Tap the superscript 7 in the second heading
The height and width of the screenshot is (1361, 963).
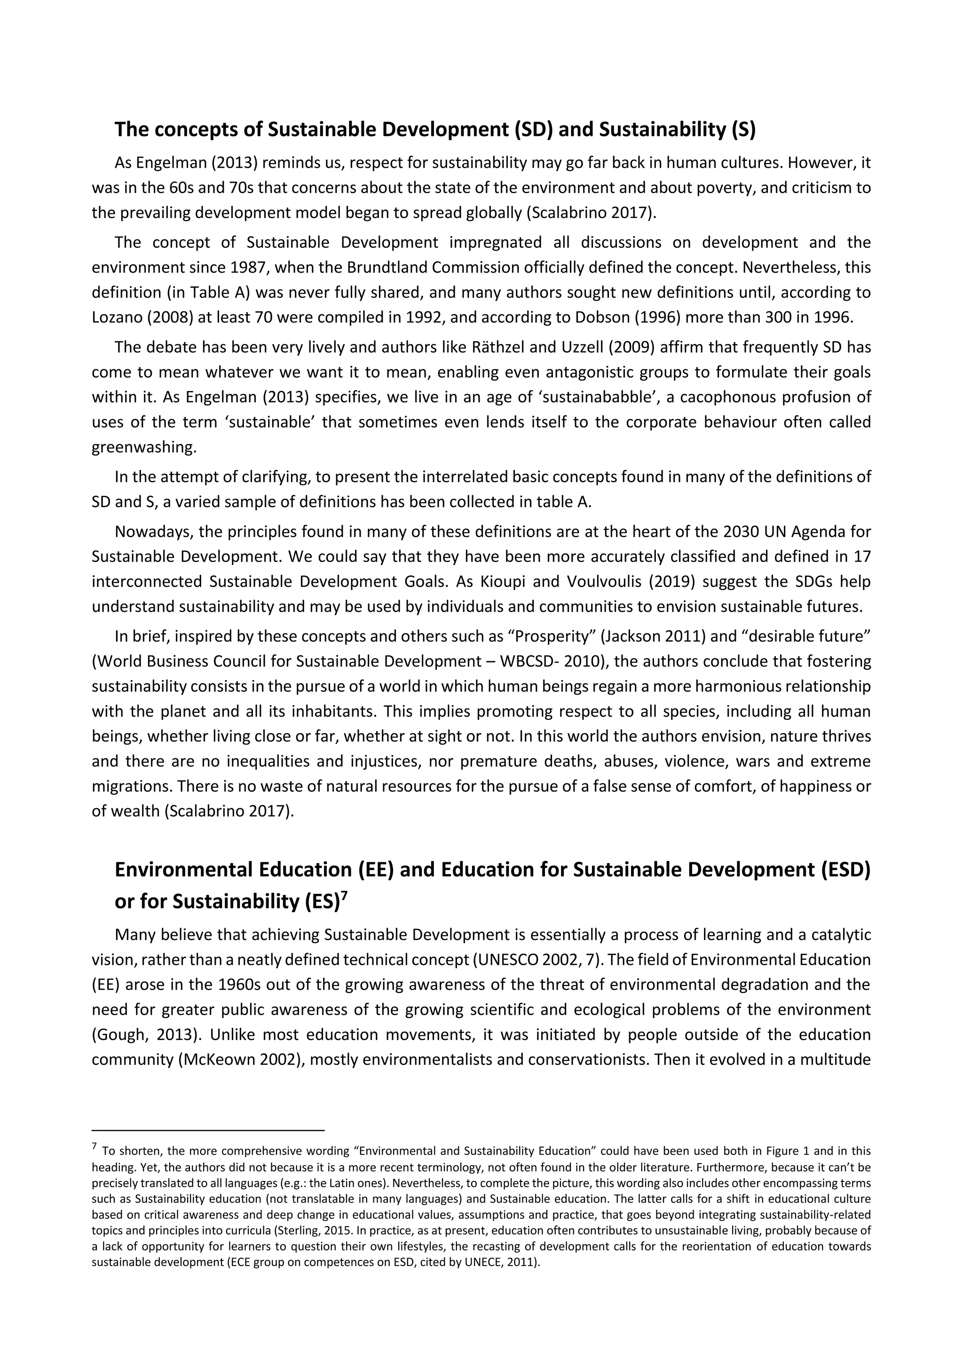pyautogui.click(x=344, y=896)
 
